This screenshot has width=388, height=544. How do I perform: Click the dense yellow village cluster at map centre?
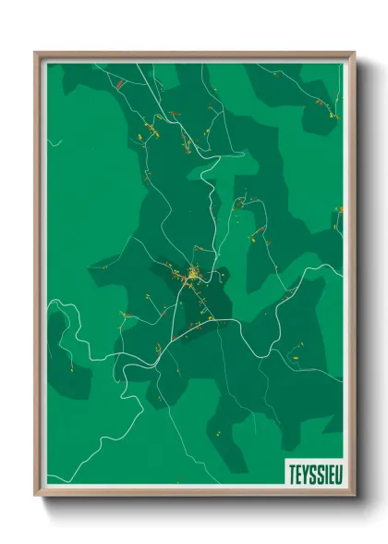[x=194, y=274]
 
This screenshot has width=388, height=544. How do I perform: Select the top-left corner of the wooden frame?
[x=36, y=53]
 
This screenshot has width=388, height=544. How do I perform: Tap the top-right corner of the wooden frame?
[x=354, y=53]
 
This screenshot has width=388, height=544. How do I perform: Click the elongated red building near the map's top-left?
[x=120, y=84]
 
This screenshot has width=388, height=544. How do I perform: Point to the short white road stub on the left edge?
[x=54, y=143]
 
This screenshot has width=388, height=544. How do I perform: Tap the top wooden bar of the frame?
[x=194, y=55]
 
